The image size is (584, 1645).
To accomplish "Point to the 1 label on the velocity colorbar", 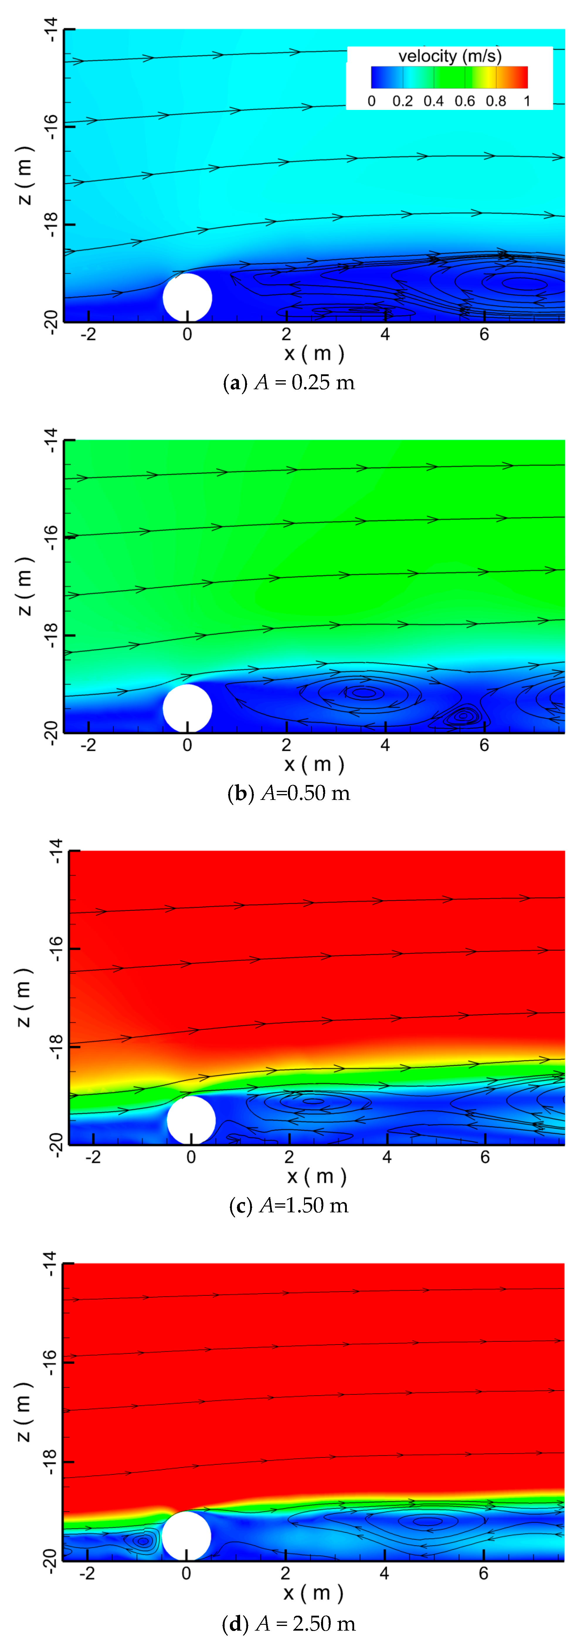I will tap(527, 101).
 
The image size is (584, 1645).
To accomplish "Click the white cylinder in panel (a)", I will tap(187, 298).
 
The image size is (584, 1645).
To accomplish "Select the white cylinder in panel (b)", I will tap(187, 708).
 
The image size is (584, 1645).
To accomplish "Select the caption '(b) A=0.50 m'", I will tap(289, 793).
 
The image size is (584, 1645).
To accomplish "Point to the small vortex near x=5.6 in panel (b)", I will tap(463, 716).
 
